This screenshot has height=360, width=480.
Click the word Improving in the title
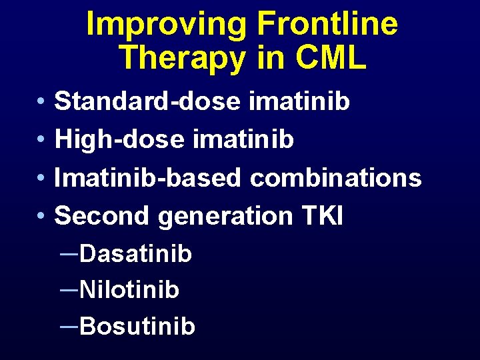tap(167, 25)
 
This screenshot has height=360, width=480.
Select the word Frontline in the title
tap(327, 25)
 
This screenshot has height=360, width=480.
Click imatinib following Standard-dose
tap(299, 102)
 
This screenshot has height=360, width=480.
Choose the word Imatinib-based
tap(149, 178)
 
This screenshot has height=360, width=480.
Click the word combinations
tap(336, 178)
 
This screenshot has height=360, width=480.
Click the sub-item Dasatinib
tap(135, 253)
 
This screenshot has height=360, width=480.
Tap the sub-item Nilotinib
tap(129, 290)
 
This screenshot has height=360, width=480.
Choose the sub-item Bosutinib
tap(137, 327)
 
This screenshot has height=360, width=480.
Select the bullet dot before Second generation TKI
tap(41, 217)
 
